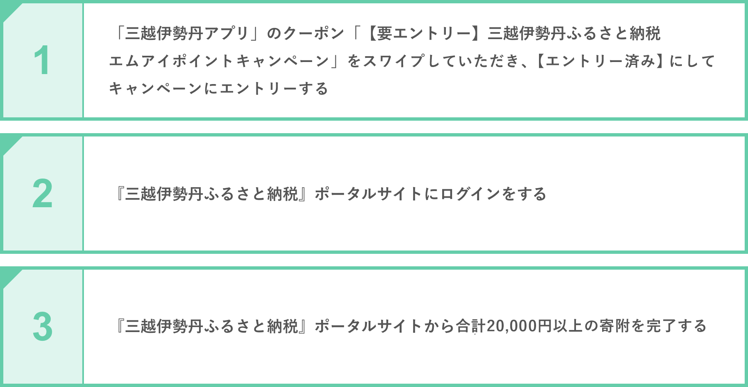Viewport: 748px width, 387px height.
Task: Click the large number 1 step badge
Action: coord(42,61)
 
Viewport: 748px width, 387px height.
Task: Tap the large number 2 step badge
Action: coord(42,194)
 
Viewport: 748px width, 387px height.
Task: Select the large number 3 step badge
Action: coord(42,327)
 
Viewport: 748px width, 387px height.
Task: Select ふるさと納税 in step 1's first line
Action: coord(613,33)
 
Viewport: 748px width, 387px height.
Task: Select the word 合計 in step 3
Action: coord(470,326)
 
